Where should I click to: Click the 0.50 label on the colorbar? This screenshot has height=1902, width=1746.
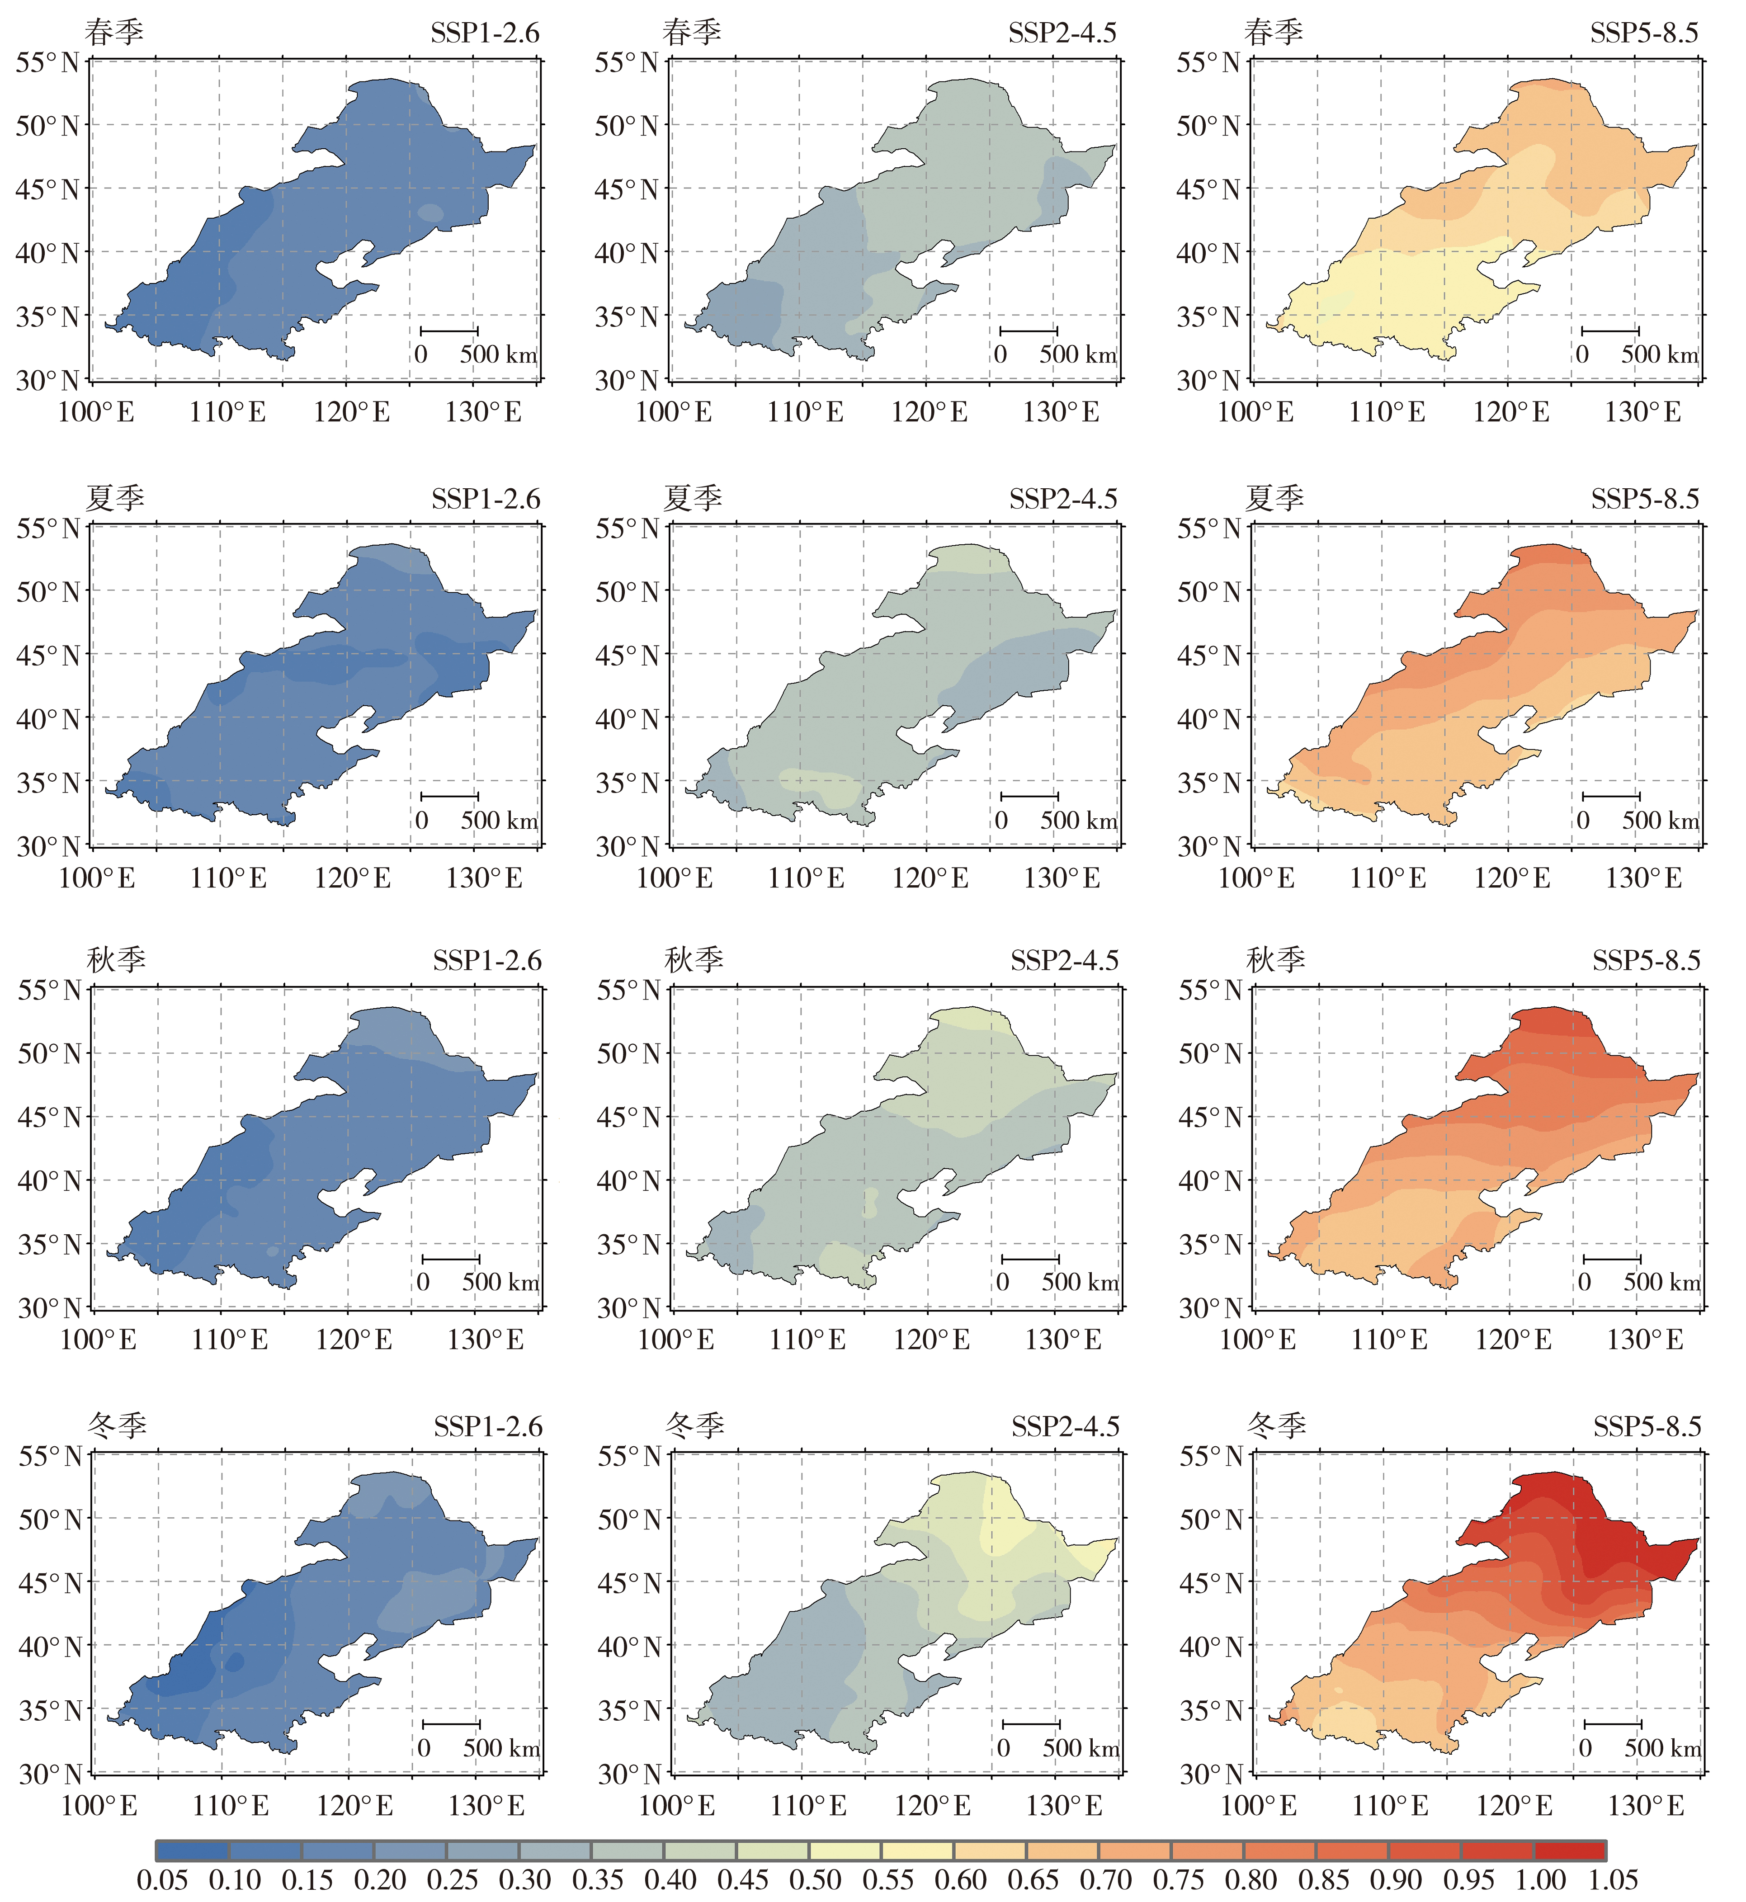[816, 1880]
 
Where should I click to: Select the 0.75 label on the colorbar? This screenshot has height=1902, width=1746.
[1178, 1880]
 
